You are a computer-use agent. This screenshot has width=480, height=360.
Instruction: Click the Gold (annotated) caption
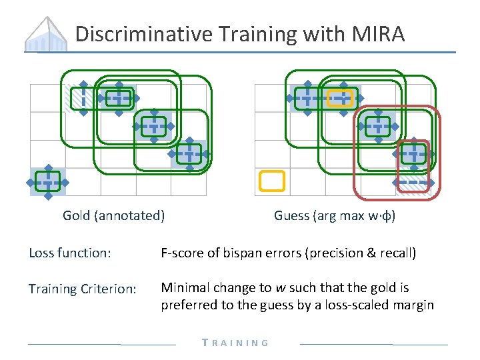[x=114, y=215]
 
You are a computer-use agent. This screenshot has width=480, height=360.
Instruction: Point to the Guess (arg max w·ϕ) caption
[x=335, y=215]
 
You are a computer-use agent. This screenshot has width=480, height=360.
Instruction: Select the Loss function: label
[x=70, y=253]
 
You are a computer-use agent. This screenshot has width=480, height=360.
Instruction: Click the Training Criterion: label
[x=83, y=289]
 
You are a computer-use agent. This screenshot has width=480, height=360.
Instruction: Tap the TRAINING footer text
[x=236, y=343]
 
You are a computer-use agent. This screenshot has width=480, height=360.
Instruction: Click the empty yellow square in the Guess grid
[x=271, y=181]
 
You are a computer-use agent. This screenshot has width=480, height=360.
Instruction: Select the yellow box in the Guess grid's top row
[x=341, y=98]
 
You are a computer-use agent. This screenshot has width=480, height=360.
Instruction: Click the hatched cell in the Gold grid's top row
[x=83, y=98]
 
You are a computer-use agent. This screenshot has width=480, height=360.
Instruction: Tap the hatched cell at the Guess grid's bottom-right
[x=413, y=181]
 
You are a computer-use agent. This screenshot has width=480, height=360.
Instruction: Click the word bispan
[x=252, y=253]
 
